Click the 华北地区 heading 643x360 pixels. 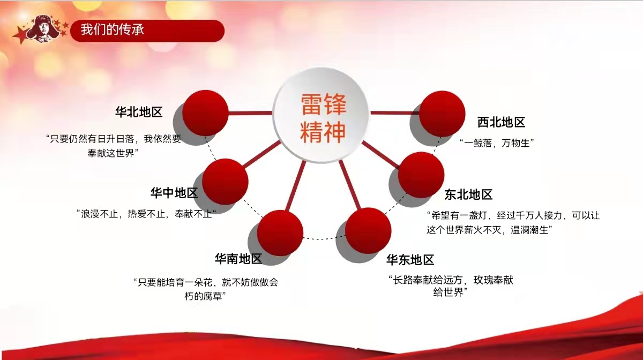click(x=139, y=112)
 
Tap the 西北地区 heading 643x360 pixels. click(x=501, y=122)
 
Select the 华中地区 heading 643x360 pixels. click(x=174, y=193)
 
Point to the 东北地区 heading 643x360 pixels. click(x=468, y=194)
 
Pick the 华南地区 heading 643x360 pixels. click(x=238, y=259)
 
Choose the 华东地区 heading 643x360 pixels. click(x=410, y=260)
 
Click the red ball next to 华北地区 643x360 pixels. click(x=206, y=113)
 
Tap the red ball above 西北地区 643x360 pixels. click(x=442, y=114)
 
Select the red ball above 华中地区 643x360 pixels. click(x=225, y=182)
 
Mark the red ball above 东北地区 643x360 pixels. click(x=421, y=175)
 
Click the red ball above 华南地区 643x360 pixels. click(x=280, y=233)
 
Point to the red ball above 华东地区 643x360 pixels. click(x=368, y=230)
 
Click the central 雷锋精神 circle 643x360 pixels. click(x=322, y=115)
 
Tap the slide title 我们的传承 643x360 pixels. click(x=112, y=30)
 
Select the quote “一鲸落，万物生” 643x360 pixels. click(x=497, y=142)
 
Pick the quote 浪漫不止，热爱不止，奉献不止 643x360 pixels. click(x=146, y=214)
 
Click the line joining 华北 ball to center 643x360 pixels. click(x=250, y=113)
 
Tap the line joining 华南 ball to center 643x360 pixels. click(x=295, y=186)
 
